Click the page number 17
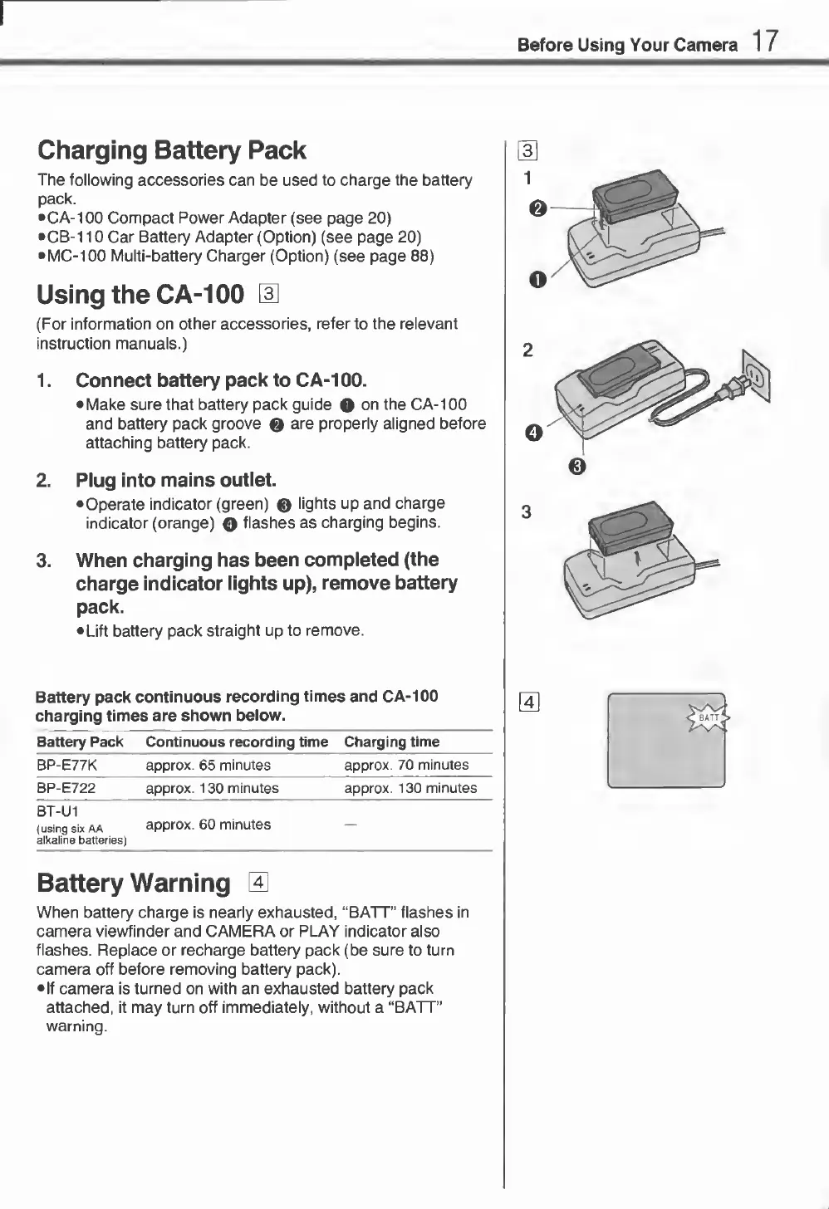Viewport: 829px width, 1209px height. [766, 41]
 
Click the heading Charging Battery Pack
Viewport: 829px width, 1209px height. [172, 150]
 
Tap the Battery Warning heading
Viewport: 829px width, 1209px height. [134, 882]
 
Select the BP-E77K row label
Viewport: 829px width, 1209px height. [66, 765]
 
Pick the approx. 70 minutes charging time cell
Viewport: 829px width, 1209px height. [406, 765]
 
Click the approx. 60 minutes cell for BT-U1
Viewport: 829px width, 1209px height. [208, 825]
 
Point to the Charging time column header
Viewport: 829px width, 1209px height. [391, 742]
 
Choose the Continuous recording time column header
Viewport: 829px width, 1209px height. [237, 742]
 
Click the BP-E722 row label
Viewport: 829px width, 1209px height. [66, 788]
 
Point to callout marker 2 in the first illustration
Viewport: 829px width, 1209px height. [537, 208]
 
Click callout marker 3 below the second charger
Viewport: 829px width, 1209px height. [579, 467]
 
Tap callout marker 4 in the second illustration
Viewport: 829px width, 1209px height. [534, 433]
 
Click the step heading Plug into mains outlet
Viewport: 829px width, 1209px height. [176, 480]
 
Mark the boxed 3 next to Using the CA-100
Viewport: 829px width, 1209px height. [267, 294]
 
